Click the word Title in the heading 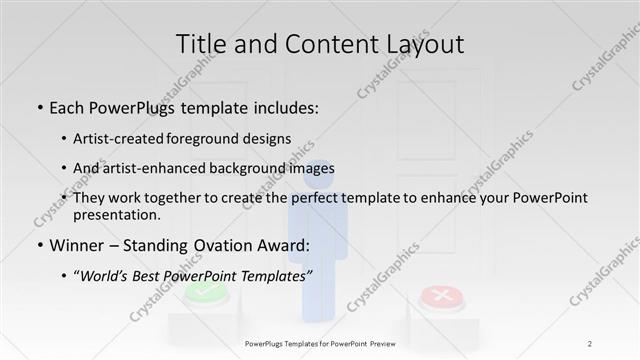point(200,44)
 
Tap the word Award point(279,245)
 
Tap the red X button point(437,296)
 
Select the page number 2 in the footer point(590,344)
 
